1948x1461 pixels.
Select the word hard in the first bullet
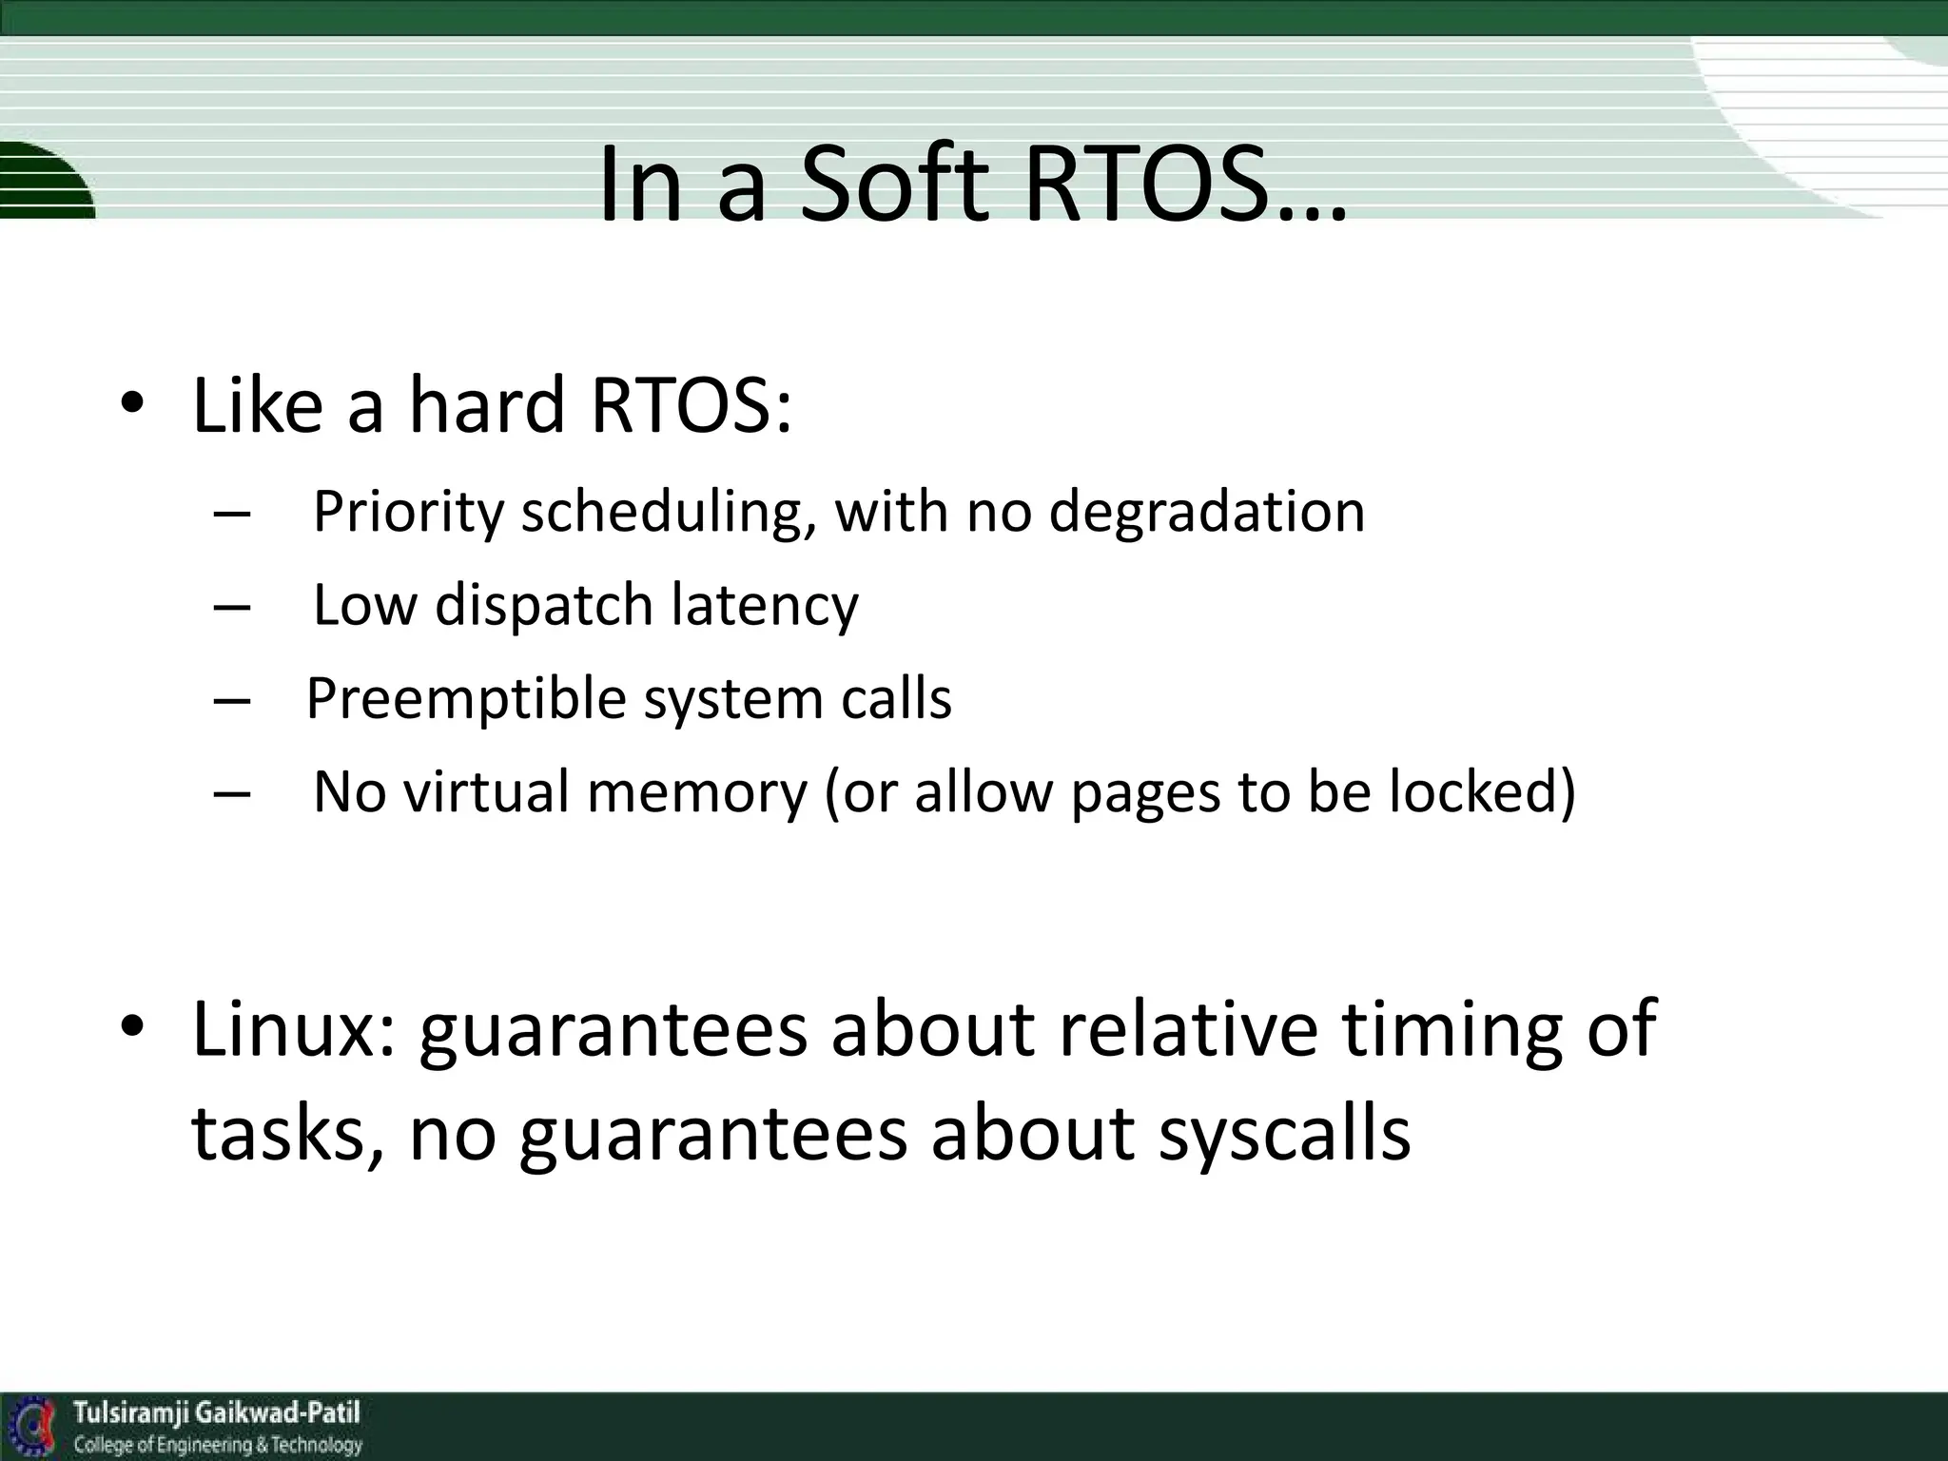click(487, 406)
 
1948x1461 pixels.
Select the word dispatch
click(543, 606)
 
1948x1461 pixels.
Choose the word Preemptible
click(465, 700)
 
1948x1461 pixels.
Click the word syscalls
click(1284, 1134)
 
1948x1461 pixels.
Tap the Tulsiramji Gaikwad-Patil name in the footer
click(217, 1412)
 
